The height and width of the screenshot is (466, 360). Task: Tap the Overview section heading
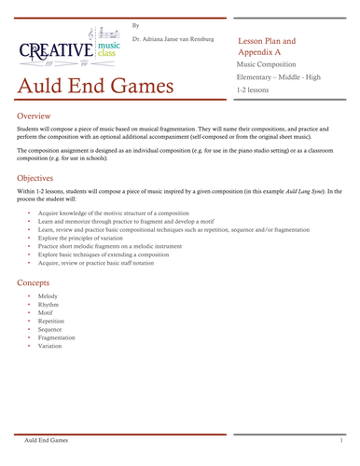tap(37, 116)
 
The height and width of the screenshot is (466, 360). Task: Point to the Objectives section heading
tap(42, 176)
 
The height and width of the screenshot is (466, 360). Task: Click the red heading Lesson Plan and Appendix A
tap(269, 48)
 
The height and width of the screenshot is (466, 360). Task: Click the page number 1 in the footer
tap(342, 438)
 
